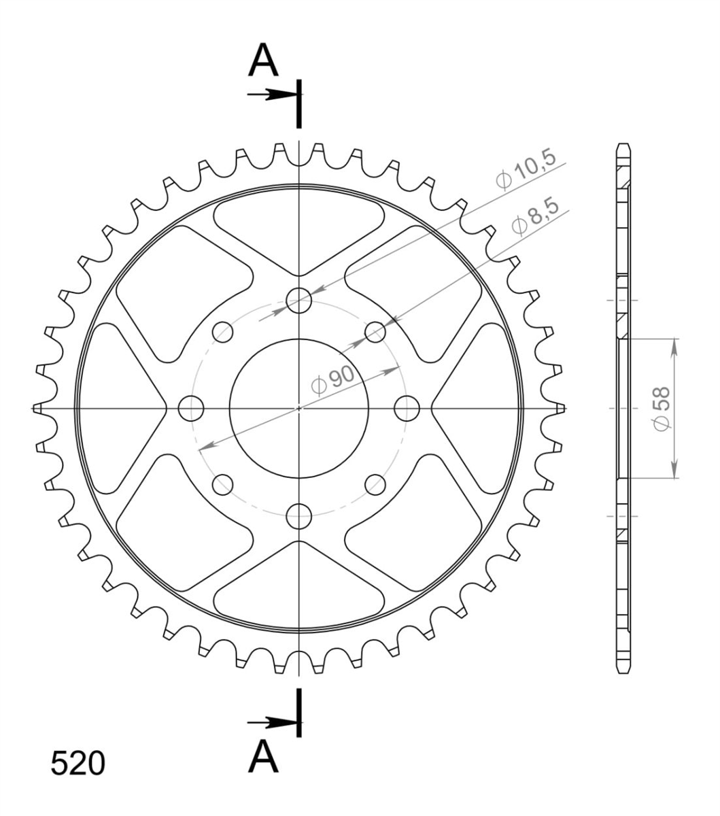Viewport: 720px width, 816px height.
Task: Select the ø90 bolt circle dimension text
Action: (x=333, y=380)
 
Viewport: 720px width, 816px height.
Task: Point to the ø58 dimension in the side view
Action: (x=662, y=409)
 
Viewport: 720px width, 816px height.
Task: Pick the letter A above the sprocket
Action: (x=263, y=60)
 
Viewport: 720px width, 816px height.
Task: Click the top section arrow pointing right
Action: (x=272, y=95)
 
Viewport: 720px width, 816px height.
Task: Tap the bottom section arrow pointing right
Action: (x=272, y=723)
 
